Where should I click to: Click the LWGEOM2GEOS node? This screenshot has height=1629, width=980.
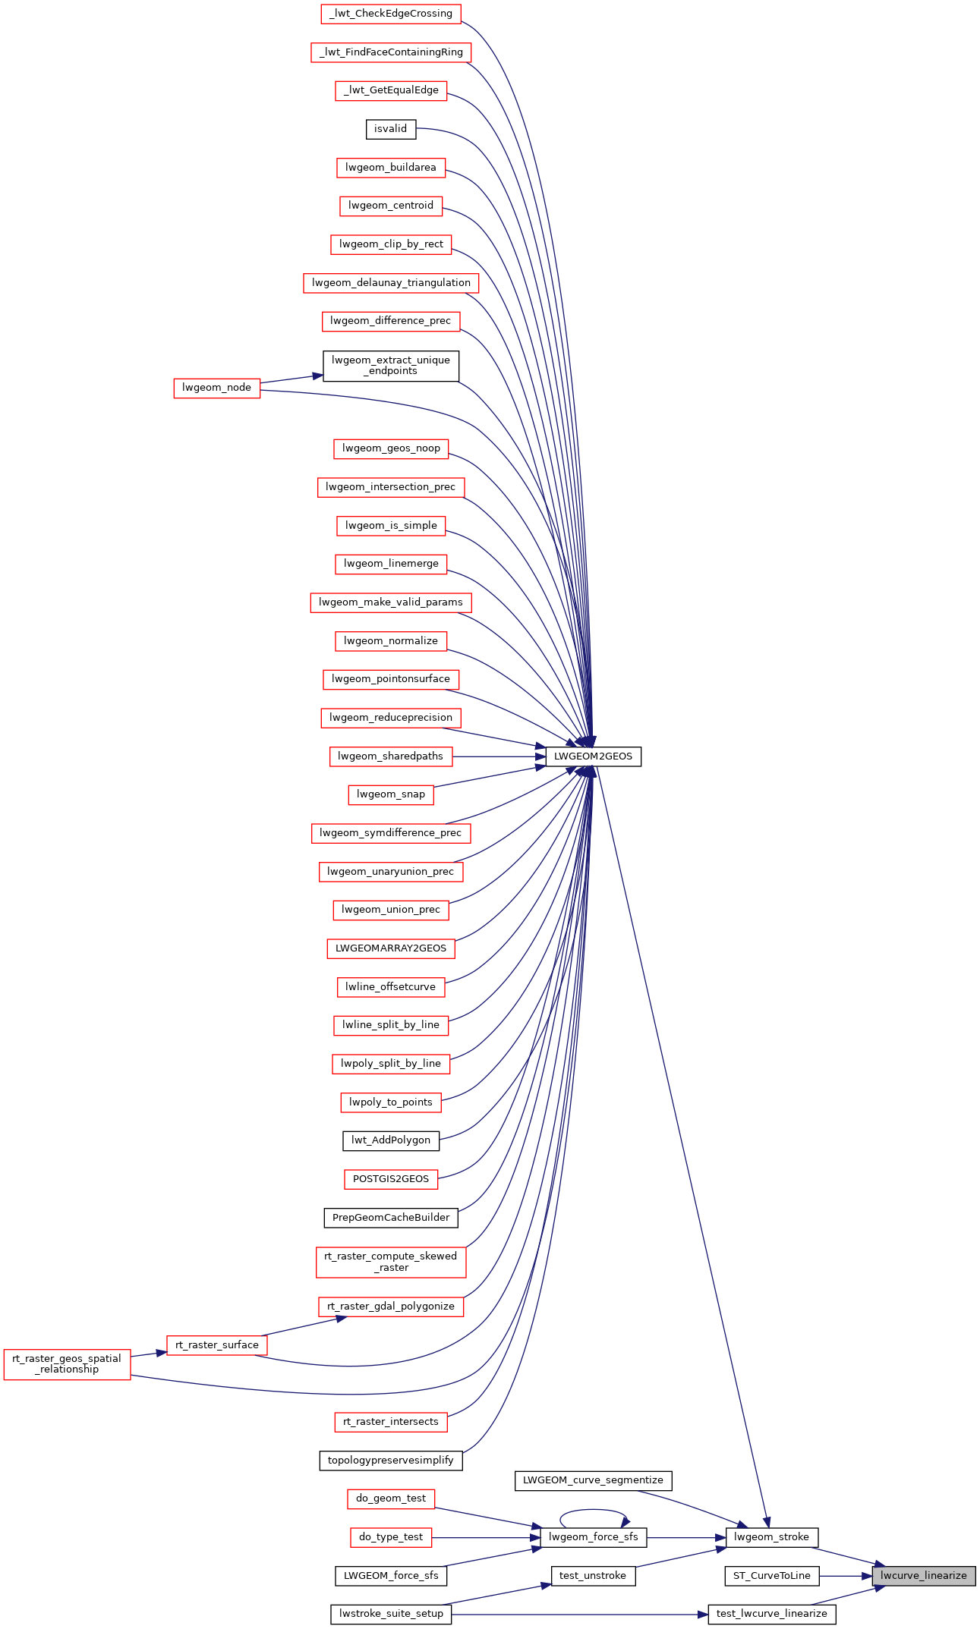tap(593, 756)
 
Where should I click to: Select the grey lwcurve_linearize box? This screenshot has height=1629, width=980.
tap(923, 1576)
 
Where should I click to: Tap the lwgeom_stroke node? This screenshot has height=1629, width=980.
tap(771, 1537)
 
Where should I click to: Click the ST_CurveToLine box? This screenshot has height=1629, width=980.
tap(771, 1576)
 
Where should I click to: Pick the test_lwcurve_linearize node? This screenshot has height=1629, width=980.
tap(771, 1614)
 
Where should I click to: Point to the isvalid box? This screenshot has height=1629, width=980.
tap(390, 129)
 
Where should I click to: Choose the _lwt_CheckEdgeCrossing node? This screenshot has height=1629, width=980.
tap(390, 14)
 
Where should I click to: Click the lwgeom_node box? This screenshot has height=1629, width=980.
tap(216, 388)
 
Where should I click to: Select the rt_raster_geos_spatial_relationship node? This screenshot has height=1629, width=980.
tap(67, 1364)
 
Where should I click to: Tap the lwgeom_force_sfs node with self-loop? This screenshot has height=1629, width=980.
tap(593, 1537)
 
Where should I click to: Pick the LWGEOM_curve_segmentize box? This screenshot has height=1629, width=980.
tap(593, 1480)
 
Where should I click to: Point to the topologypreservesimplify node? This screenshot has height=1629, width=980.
tap(390, 1460)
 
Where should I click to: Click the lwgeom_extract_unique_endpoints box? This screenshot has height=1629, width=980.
tap(390, 366)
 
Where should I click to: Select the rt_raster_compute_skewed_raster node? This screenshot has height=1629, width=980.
tap(390, 1262)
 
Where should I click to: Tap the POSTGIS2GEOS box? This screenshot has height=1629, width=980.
tap(390, 1179)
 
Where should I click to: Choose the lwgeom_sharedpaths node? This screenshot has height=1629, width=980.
tap(390, 756)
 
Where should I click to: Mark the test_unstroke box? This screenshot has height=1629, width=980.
tap(593, 1576)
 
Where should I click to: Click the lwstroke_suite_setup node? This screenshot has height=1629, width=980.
tap(391, 1614)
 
